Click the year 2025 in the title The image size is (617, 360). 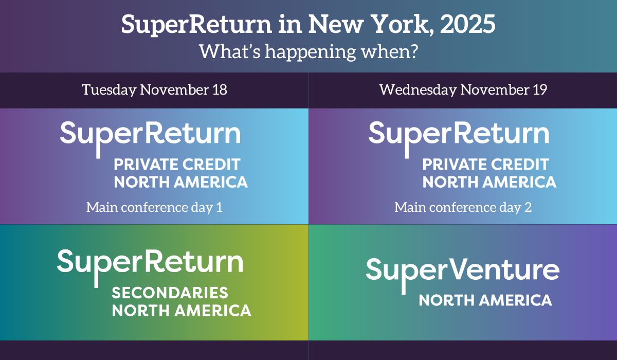click(x=467, y=24)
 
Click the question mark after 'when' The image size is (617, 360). click(x=414, y=51)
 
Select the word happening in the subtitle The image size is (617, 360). click(x=310, y=52)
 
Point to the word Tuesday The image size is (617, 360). click(x=109, y=90)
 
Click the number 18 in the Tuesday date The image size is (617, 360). click(x=220, y=89)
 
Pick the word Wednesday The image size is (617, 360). click(x=418, y=90)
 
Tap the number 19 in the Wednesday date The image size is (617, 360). click(x=539, y=89)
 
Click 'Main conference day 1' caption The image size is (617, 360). click(x=154, y=207)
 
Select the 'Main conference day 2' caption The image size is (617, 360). click(x=463, y=207)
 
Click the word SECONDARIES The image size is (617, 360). click(x=170, y=293)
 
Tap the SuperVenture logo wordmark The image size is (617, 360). click(x=462, y=273)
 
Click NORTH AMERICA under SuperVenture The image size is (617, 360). click(x=485, y=300)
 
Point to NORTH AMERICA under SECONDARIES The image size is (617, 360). click(x=182, y=311)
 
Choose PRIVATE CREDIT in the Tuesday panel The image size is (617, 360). click(x=177, y=165)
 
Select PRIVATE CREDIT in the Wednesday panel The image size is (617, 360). click(x=485, y=165)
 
